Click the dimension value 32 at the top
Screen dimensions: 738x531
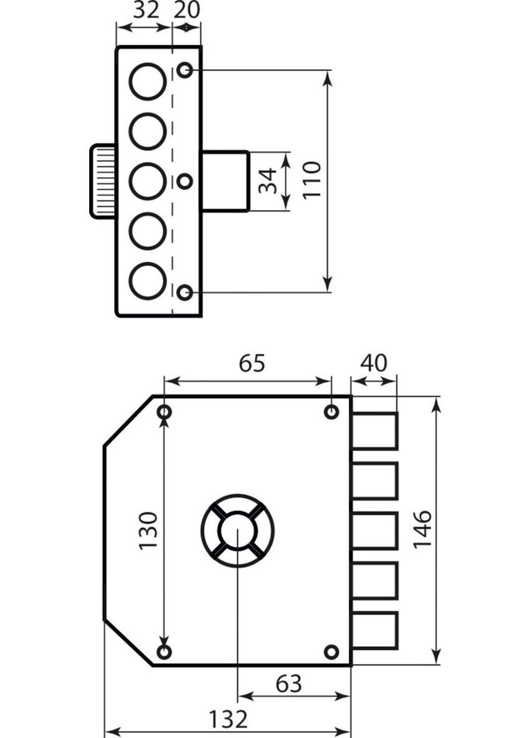[145, 11]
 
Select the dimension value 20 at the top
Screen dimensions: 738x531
[186, 11]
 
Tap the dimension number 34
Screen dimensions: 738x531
[268, 181]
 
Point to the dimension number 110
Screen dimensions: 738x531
[311, 180]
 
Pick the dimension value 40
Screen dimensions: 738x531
[373, 363]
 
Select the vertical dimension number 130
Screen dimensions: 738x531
[149, 530]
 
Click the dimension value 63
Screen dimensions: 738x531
[288, 684]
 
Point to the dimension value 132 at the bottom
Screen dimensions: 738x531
[228, 719]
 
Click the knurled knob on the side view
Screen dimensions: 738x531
[104, 181]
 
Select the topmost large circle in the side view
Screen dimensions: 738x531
[147, 82]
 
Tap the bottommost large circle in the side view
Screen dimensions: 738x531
[147, 281]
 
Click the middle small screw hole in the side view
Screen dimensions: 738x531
[185, 181]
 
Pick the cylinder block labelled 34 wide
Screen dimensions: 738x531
[225, 181]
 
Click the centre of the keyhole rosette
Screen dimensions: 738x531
[238, 531]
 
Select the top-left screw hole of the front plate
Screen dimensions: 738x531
[165, 412]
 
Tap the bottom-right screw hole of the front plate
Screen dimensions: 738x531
[331, 652]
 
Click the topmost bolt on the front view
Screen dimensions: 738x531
[374, 431]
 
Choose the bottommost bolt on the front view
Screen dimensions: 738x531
[374, 630]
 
